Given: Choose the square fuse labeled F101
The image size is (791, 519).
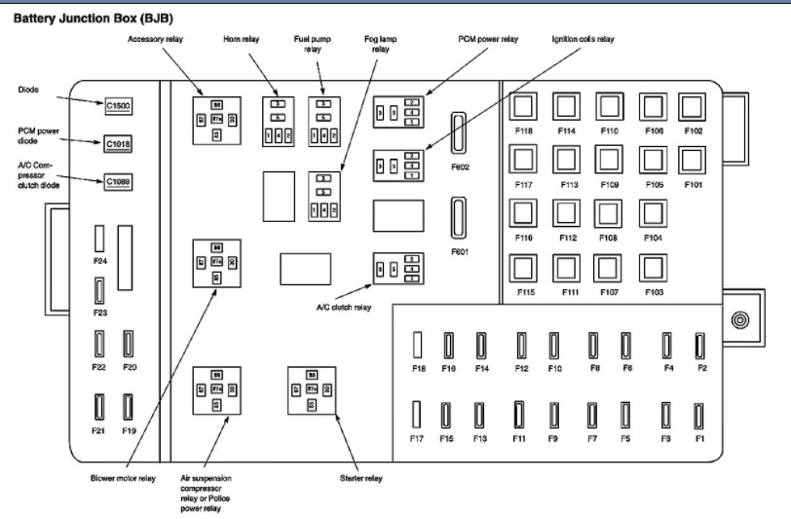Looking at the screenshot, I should (x=693, y=160).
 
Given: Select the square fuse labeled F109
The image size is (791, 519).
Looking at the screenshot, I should (x=609, y=160).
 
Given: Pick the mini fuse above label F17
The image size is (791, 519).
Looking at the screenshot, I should (x=417, y=415).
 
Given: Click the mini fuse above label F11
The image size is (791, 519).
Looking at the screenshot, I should (x=519, y=415).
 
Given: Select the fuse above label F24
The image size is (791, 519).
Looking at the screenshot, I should (x=98, y=240).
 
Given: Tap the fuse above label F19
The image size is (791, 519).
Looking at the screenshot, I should (x=128, y=406).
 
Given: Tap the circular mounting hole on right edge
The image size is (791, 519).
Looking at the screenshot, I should (x=740, y=319).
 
